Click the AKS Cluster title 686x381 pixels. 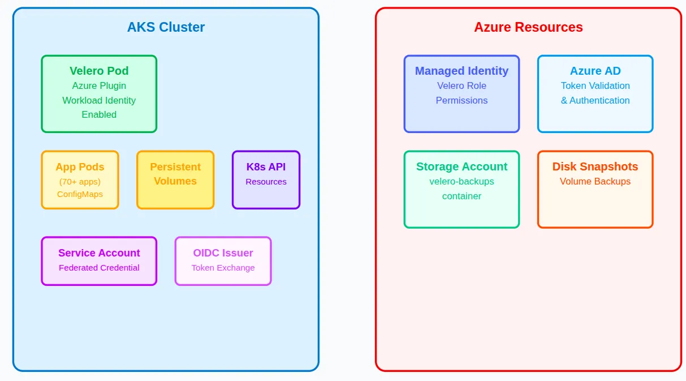166,27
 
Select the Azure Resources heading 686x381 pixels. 528,27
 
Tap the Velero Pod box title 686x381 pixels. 99,71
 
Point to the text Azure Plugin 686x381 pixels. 99,86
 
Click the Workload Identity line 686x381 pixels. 99,100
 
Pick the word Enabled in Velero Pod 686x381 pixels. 99,114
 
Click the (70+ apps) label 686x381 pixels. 80,182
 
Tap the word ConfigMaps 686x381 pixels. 80,194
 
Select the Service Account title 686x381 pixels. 99,253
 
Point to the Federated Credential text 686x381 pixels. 99,268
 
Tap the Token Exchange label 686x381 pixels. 223,268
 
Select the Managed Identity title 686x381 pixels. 461,71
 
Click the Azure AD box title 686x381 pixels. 595,71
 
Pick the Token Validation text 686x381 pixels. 595,86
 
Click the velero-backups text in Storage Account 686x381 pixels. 461,182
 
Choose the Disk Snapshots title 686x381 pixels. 595,166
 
